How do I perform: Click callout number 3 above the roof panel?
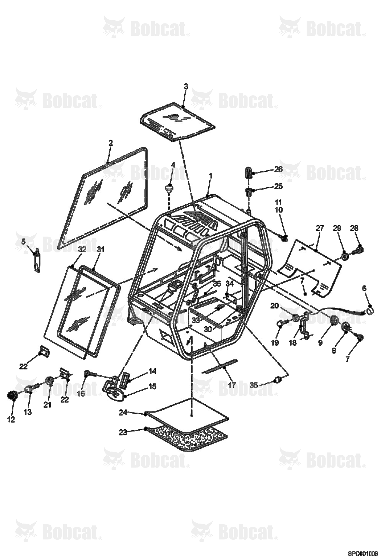point(186,86)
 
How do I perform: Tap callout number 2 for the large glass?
point(110,143)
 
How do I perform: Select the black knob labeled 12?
point(12,395)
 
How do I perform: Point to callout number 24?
point(123,412)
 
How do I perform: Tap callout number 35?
point(254,385)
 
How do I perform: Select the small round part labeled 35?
point(278,380)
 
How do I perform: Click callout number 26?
point(278,169)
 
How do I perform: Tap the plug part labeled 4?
point(169,188)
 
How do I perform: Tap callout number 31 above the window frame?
point(101,250)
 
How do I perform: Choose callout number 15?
point(152,386)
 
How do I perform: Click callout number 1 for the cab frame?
point(210,176)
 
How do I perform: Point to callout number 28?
point(354,228)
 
